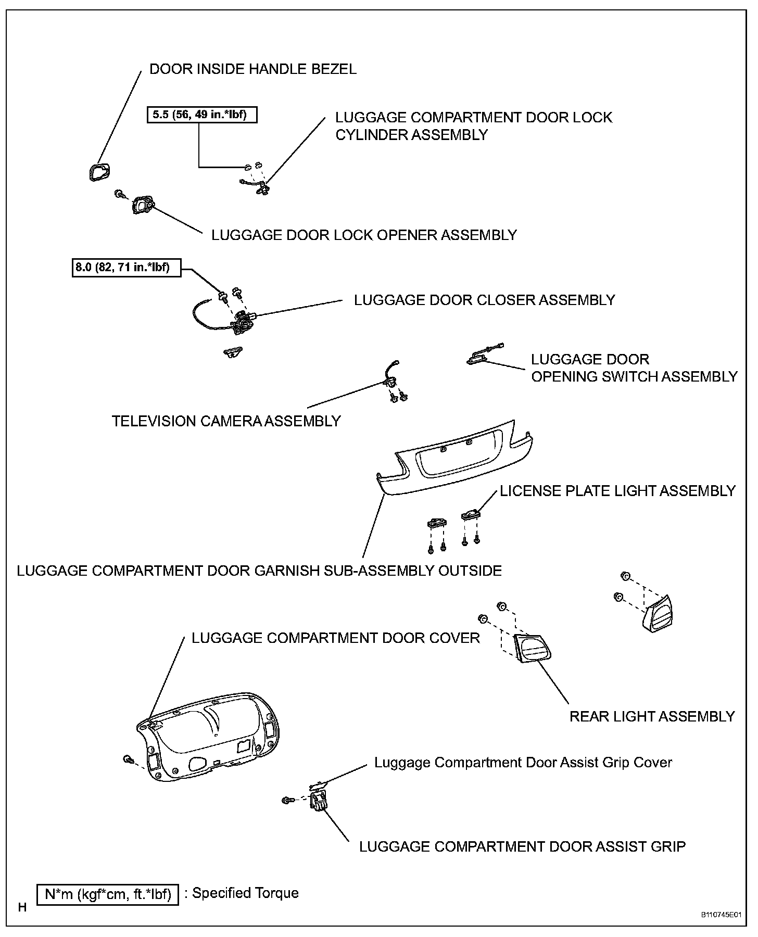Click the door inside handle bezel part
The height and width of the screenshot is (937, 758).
tap(97, 172)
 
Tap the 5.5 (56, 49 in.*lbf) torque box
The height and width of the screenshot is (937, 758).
tap(203, 115)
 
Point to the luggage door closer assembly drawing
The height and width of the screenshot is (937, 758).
tap(243, 322)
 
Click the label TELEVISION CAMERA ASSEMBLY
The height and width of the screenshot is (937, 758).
tap(226, 421)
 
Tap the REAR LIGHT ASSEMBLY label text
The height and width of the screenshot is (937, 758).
tap(652, 717)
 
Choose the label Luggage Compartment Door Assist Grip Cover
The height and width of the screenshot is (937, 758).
tap(523, 763)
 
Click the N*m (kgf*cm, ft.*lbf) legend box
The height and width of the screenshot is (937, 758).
tap(108, 894)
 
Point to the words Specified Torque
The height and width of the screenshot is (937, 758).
tap(245, 893)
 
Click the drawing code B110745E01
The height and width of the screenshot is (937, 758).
tap(721, 915)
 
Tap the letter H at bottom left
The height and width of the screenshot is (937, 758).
tap(22, 907)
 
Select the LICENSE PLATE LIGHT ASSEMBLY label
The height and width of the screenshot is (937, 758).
tap(617, 491)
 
